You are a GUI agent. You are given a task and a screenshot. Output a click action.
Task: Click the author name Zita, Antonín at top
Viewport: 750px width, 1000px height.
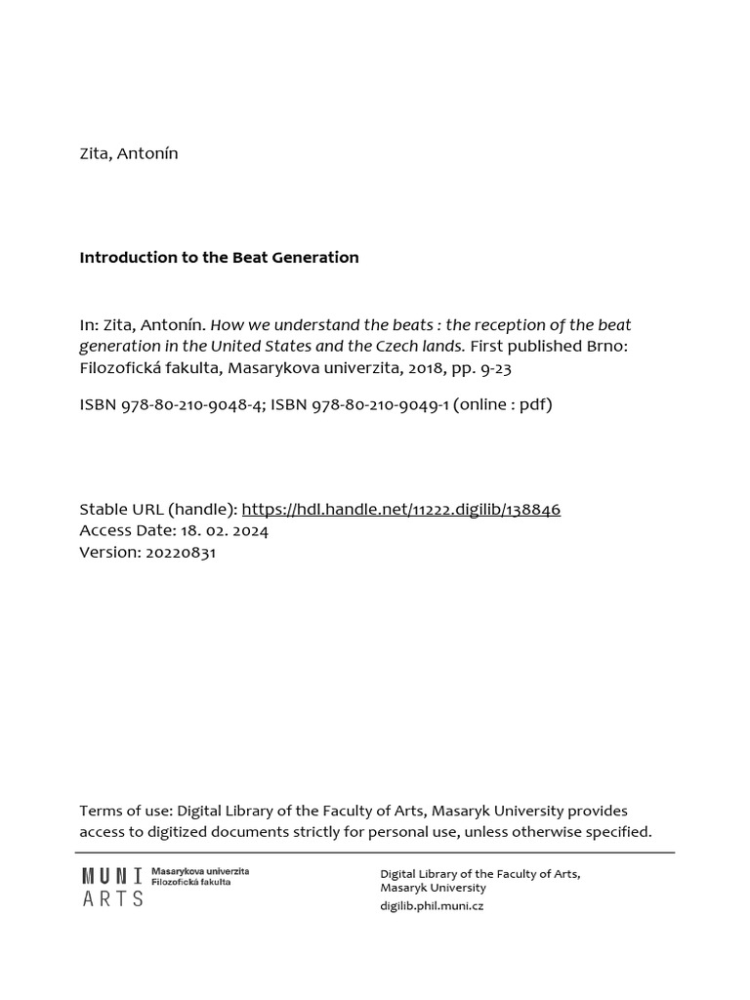click(129, 153)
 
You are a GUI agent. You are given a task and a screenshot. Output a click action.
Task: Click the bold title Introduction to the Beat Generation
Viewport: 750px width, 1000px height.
click(219, 258)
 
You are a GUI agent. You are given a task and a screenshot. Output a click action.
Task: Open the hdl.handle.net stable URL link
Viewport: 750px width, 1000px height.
click(400, 509)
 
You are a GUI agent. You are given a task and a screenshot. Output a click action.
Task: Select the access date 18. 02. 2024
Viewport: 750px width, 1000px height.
click(224, 530)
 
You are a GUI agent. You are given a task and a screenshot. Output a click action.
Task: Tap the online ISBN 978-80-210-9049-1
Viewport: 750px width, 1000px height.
click(380, 404)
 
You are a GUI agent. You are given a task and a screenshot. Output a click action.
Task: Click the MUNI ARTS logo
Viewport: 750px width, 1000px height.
click(112, 887)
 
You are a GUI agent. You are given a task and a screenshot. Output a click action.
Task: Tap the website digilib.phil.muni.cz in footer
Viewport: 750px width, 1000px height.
click(432, 905)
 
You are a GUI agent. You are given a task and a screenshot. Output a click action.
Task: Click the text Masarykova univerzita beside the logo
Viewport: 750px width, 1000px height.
click(200, 870)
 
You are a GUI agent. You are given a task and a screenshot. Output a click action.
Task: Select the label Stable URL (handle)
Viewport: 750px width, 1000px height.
click(157, 509)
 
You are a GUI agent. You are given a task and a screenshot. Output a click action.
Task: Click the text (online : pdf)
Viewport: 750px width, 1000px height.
click(502, 404)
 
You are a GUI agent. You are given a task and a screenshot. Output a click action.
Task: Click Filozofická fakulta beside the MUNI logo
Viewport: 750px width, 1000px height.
click(191, 881)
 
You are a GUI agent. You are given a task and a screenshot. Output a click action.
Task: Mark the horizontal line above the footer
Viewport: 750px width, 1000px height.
click(375, 853)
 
